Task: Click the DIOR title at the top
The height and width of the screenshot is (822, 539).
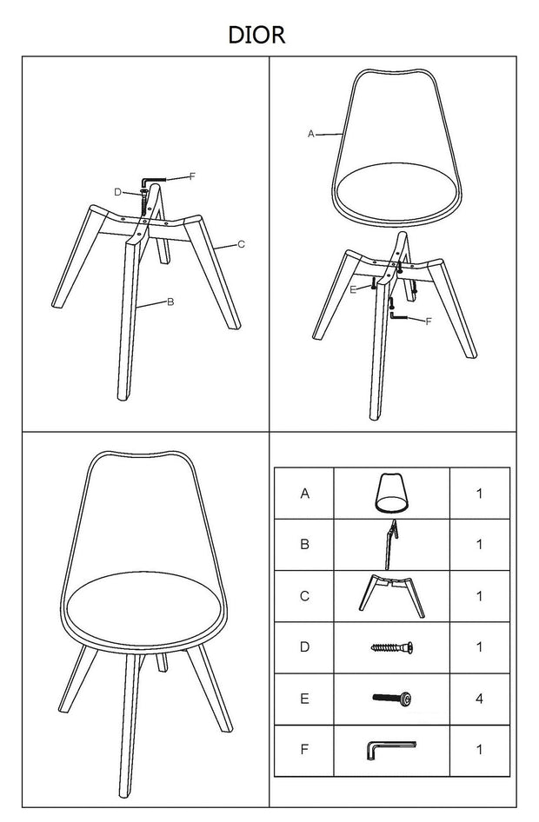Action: (257, 35)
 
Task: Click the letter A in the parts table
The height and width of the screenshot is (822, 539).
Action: (304, 494)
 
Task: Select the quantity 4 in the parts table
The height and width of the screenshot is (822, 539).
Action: (479, 699)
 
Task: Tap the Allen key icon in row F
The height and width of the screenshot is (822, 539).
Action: (390, 750)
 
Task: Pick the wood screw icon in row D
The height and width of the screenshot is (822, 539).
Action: (392, 647)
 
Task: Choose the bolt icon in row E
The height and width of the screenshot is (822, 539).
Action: (392, 698)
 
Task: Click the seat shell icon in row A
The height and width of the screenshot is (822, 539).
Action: (391, 493)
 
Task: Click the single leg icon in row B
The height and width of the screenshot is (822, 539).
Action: (390, 545)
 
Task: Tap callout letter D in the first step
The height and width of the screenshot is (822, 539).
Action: (118, 192)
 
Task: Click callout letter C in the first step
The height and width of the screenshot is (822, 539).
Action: (241, 244)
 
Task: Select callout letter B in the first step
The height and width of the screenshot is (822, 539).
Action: (170, 302)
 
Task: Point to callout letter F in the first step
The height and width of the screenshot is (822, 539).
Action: (192, 176)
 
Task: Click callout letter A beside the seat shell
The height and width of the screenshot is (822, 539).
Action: (311, 134)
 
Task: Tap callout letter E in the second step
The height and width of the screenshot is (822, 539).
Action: (353, 289)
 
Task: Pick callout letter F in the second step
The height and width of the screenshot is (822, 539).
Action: (428, 322)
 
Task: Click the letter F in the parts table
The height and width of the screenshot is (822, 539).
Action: (304, 750)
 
